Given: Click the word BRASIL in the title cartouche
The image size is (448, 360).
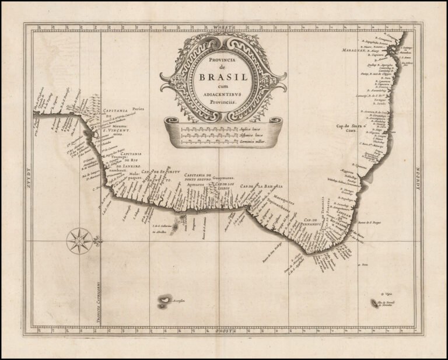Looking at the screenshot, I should point(223,78).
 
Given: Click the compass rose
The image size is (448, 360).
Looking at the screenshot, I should point(79,240).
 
